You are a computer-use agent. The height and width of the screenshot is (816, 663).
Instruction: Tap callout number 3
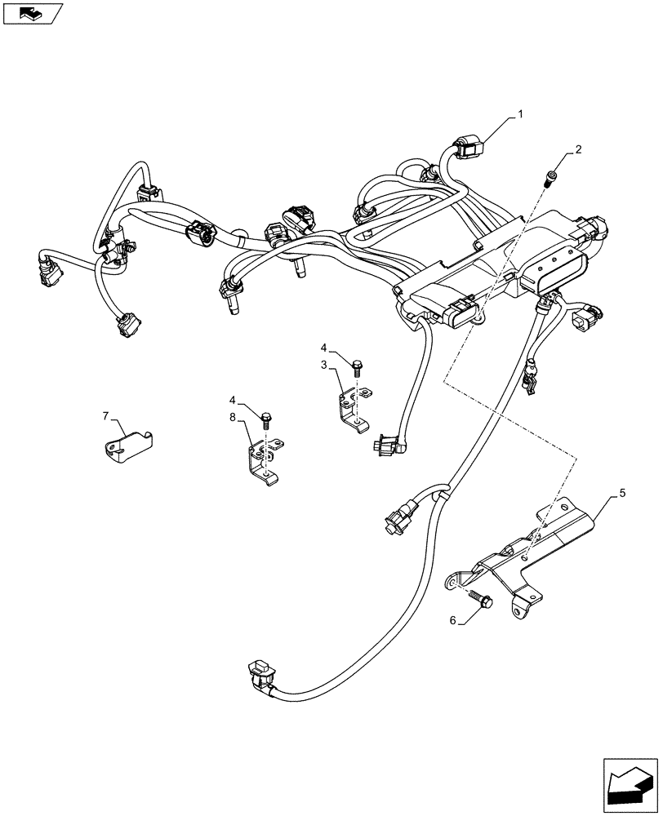[x=324, y=364]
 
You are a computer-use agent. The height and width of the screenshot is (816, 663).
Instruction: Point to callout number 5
[x=623, y=493]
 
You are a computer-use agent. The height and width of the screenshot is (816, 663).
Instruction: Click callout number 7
[x=106, y=416]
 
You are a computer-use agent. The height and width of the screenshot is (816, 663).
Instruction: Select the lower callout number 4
[x=233, y=401]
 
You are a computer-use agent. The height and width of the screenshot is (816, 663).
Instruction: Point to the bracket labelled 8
[x=263, y=459]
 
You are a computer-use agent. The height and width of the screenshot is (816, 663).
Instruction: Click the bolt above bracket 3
[x=357, y=367]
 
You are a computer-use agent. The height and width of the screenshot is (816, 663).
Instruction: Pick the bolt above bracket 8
[x=266, y=419]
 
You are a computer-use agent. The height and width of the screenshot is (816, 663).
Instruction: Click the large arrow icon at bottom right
[x=630, y=783]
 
